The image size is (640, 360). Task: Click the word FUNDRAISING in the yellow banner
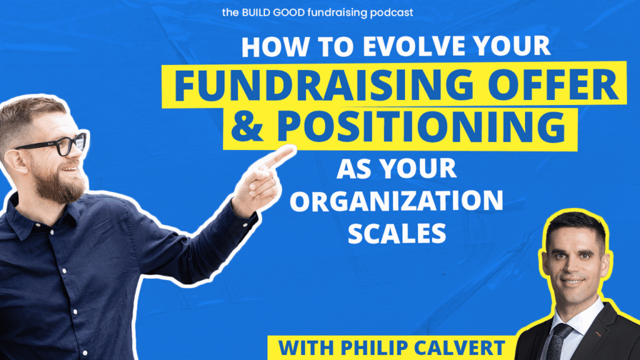[324, 85]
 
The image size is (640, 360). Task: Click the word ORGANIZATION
[396, 201]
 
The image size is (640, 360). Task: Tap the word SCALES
[397, 234]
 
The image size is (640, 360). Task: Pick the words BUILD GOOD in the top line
[273, 12]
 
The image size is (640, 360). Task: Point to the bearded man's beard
[59, 184]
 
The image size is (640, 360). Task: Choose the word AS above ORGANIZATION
[354, 168]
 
